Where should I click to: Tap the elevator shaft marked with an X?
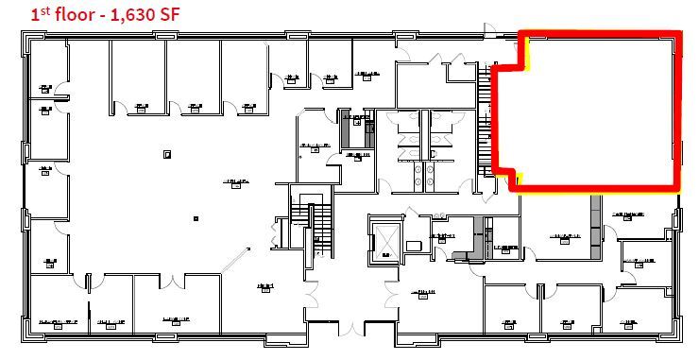click(387, 243)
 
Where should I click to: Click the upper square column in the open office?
click(166, 153)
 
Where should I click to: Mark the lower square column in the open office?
click(195, 217)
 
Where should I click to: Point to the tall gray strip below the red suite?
click(596, 227)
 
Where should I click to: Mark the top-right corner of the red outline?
click(677, 35)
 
